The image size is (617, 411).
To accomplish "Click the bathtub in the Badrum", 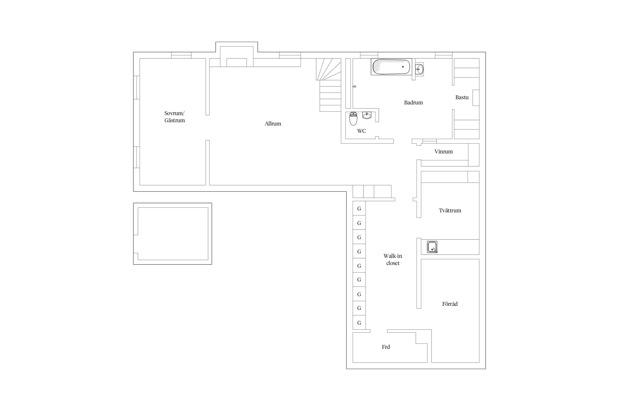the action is point(391,67).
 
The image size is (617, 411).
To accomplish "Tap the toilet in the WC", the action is point(353,118).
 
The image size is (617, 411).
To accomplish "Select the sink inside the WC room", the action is point(367,115).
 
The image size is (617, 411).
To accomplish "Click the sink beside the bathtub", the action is point(419,69).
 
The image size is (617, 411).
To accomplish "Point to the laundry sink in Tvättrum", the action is point(432,247).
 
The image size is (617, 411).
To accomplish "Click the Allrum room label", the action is point(273,124).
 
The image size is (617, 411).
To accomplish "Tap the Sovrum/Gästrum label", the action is point(175,117).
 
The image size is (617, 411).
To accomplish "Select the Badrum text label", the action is point(413,102).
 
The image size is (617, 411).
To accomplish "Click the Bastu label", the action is point(462,97).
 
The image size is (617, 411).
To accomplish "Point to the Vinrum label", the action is point(443,152).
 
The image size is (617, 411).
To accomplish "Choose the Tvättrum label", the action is point(450,210).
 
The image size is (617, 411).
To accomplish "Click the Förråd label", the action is point(450,304).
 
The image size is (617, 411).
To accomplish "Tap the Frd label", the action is point(386,347).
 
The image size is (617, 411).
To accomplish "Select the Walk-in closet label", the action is point(393,259).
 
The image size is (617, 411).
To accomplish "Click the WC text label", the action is point(361,131).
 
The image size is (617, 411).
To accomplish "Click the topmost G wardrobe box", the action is point(359,209).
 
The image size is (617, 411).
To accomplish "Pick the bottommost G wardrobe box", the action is point(359,323).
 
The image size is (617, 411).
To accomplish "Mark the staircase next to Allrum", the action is point(329,85).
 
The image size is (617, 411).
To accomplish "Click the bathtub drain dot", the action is point(403,67).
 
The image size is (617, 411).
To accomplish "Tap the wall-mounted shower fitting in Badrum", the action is point(354,87).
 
